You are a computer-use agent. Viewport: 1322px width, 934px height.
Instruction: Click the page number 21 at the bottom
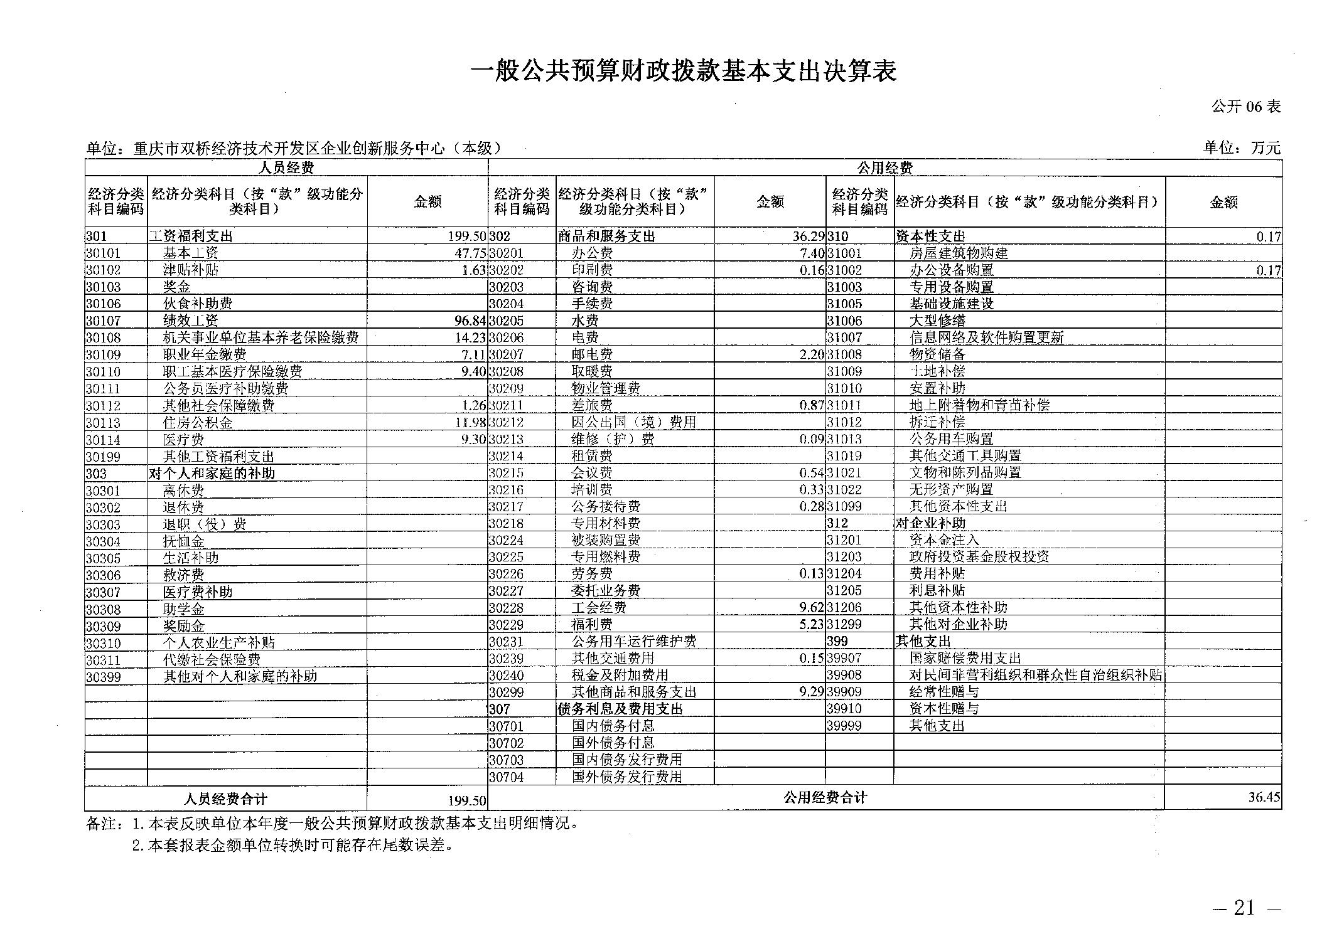click(x=1244, y=908)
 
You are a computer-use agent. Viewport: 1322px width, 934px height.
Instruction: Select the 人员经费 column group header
click(x=286, y=167)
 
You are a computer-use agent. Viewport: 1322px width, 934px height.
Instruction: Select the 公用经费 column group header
click(x=884, y=167)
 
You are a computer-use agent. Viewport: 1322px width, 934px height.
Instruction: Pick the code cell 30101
click(x=103, y=253)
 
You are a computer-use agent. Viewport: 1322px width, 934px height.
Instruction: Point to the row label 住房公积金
click(x=198, y=422)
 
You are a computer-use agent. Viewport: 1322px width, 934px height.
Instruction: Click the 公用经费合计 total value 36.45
click(x=1264, y=797)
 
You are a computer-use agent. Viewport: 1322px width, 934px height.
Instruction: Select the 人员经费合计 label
click(x=226, y=799)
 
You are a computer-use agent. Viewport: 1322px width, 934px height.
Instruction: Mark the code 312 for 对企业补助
click(x=837, y=523)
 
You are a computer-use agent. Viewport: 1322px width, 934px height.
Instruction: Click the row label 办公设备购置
click(x=952, y=270)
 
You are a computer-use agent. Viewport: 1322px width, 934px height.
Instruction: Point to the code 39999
click(x=844, y=726)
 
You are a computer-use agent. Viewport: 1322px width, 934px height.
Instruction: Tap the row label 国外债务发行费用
click(x=626, y=777)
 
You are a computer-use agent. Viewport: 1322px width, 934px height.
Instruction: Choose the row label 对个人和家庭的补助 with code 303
click(x=212, y=473)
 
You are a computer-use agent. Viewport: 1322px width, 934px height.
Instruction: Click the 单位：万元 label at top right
click(x=1241, y=148)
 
